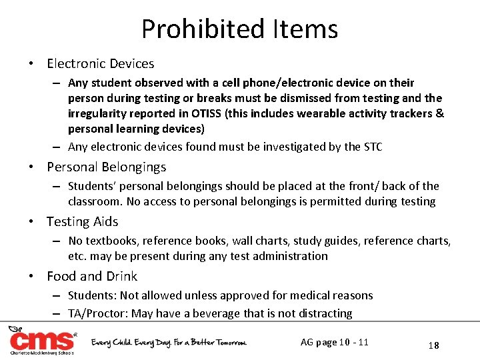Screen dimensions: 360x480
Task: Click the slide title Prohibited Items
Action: point(239,29)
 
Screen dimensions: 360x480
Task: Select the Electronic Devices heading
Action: point(100,64)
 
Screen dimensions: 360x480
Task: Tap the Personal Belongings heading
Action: point(106,167)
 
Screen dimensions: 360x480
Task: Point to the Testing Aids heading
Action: point(82,221)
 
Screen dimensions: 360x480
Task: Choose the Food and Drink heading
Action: point(92,276)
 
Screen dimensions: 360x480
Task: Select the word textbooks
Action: point(109,241)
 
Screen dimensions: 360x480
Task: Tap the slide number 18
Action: point(433,345)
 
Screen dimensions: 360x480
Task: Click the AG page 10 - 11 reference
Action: point(335,343)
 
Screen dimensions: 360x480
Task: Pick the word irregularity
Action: point(101,113)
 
